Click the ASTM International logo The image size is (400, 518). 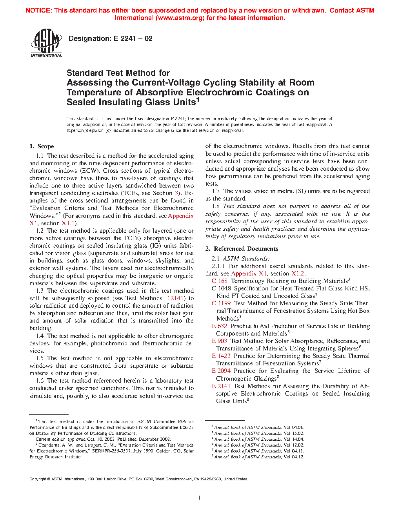pos(46,44)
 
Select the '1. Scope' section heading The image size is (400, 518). pos(42,146)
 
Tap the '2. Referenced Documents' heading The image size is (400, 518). pos(242,249)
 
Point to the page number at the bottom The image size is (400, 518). pos(200,498)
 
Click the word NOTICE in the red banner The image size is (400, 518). pos(38,11)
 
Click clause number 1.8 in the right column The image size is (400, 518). pos(216,206)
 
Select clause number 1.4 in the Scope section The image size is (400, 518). pos(40,336)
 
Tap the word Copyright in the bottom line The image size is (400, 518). pos(38,479)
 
